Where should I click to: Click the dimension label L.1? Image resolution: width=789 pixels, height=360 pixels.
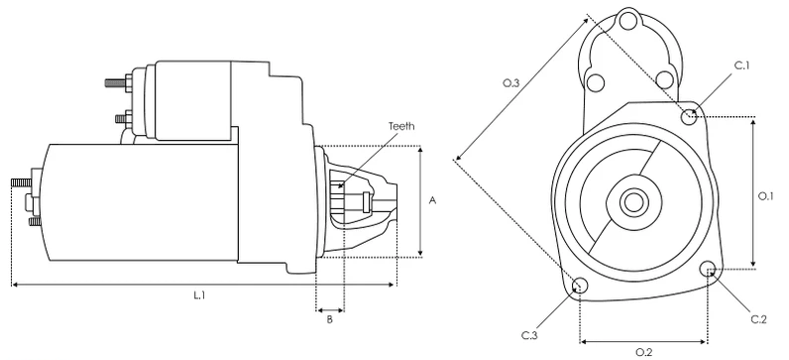pos(200,296)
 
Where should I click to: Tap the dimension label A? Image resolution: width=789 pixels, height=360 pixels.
pos(432,200)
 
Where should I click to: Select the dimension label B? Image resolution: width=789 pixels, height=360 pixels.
pos(330,319)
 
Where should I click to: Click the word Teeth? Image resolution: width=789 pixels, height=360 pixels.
pos(401,126)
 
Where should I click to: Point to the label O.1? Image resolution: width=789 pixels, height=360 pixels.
pos(765,196)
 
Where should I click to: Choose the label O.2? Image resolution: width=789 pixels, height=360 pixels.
pos(644,352)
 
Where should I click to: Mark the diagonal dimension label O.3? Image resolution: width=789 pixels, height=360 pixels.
pos(511,83)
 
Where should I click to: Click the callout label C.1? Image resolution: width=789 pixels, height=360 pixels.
pos(741,65)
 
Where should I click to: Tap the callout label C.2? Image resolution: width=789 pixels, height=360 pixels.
pos(759,319)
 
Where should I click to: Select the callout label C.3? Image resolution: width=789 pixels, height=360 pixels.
pos(529,335)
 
